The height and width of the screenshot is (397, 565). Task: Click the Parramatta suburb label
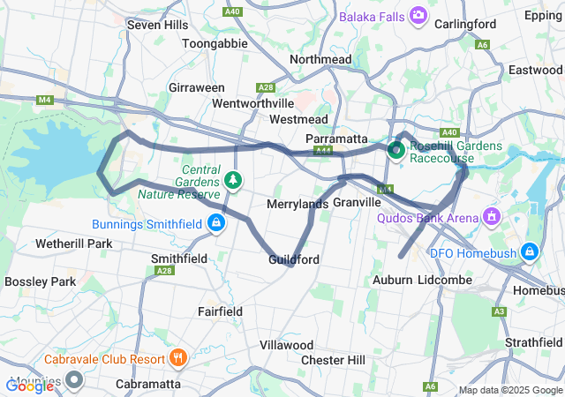click(335, 139)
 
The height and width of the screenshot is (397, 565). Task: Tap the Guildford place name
click(294, 259)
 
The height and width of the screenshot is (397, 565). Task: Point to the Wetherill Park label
click(73, 243)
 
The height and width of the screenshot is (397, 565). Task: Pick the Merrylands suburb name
click(297, 204)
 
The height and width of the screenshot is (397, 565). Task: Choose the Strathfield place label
click(534, 341)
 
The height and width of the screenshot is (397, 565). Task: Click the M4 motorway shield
click(44, 100)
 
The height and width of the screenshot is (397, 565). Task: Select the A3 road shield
click(499, 311)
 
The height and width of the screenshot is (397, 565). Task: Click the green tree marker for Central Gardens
click(233, 180)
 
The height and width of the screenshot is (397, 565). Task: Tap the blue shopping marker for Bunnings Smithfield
click(215, 224)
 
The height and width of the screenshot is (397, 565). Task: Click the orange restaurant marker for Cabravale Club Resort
click(177, 358)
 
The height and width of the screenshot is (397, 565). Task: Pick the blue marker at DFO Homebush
click(529, 253)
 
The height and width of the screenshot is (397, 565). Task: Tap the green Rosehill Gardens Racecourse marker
click(396, 151)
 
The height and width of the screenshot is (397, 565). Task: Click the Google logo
click(30, 385)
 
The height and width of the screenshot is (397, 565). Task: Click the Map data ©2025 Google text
click(509, 390)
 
